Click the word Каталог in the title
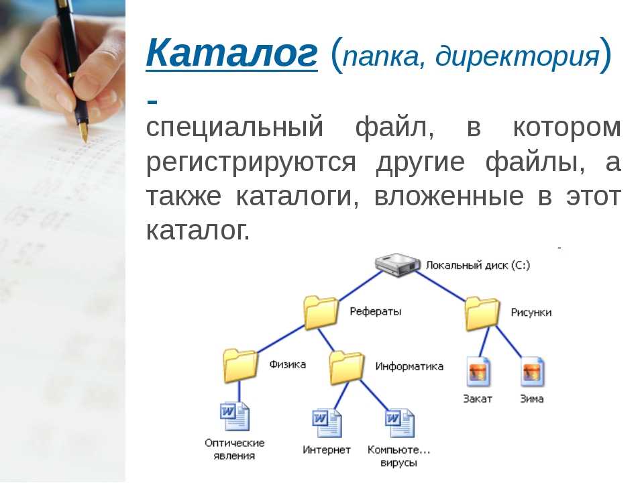(x=231, y=54)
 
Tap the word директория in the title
(x=517, y=56)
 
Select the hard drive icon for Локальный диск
(x=397, y=265)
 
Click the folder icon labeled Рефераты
(x=321, y=313)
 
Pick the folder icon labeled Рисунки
(x=482, y=314)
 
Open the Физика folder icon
(x=240, y=366)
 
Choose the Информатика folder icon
(x=346, y=368)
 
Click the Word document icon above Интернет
(x=327, y=423)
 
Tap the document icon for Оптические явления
(x=235, y=416)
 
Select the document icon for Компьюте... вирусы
(x=400, y=423)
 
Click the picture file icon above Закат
(x=478, y=372)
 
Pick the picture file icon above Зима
(x=532, y=372)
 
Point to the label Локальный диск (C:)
(x=478, y=266)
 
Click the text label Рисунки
(x=531, y=313)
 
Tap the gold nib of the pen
(x=85, y=131)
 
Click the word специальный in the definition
(x=235, y=128)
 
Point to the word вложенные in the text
(x=449, y=197)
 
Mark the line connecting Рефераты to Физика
(x=281, y=339)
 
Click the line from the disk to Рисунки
(x=441, y=286)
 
